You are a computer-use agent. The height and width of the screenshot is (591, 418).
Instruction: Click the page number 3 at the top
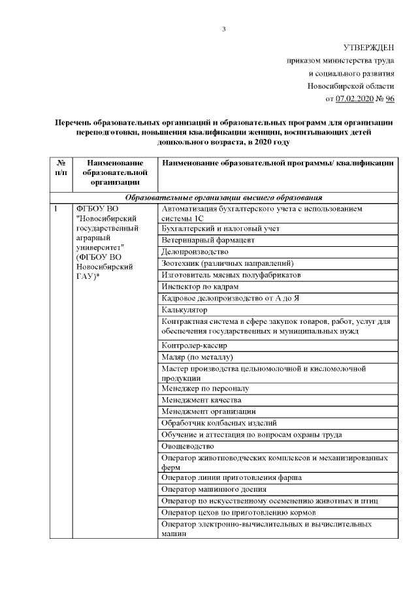tap(223, 29)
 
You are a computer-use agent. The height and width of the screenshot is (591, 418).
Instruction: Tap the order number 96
tap(391, 99)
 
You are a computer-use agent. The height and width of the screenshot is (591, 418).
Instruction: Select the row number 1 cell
tap(57, 209)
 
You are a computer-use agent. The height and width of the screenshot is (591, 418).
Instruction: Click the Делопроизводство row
tap(195, 251)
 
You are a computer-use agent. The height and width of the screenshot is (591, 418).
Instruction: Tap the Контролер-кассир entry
tap(193, 345)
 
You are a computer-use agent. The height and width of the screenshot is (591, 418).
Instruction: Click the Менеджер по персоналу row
tap(204, 389)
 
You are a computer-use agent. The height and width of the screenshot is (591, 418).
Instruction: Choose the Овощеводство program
tap(187, 447)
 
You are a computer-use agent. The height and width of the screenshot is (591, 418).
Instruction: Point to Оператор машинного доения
tap(213, 489)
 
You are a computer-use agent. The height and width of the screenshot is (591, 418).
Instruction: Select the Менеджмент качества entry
tap(201, 400)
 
